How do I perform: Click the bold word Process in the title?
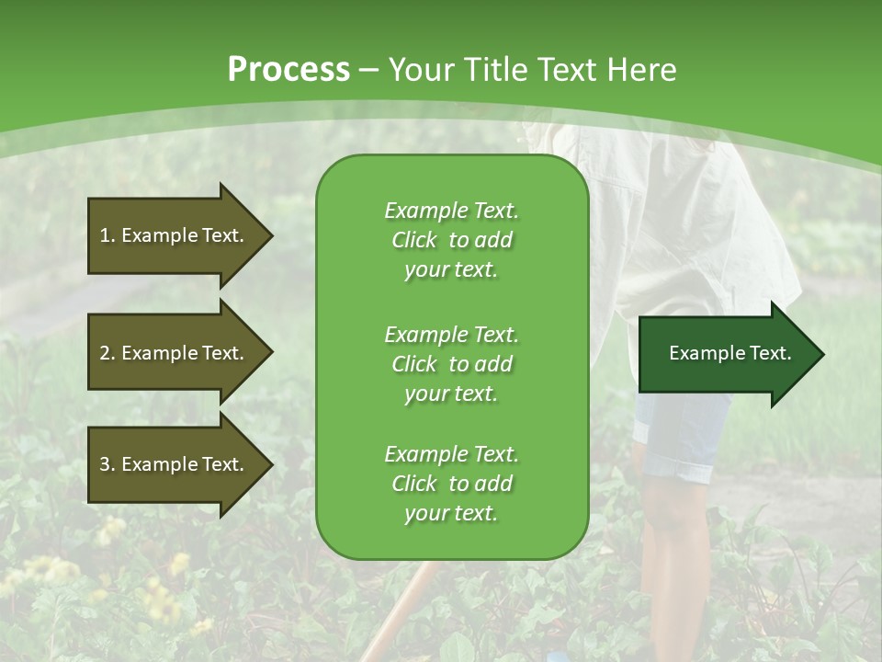pos(288,70)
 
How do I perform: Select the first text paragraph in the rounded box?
pos(451,240)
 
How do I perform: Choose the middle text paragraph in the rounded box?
pos(451,364)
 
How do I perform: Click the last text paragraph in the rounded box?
pos(451,484)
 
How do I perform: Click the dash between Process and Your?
pos(369,70)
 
